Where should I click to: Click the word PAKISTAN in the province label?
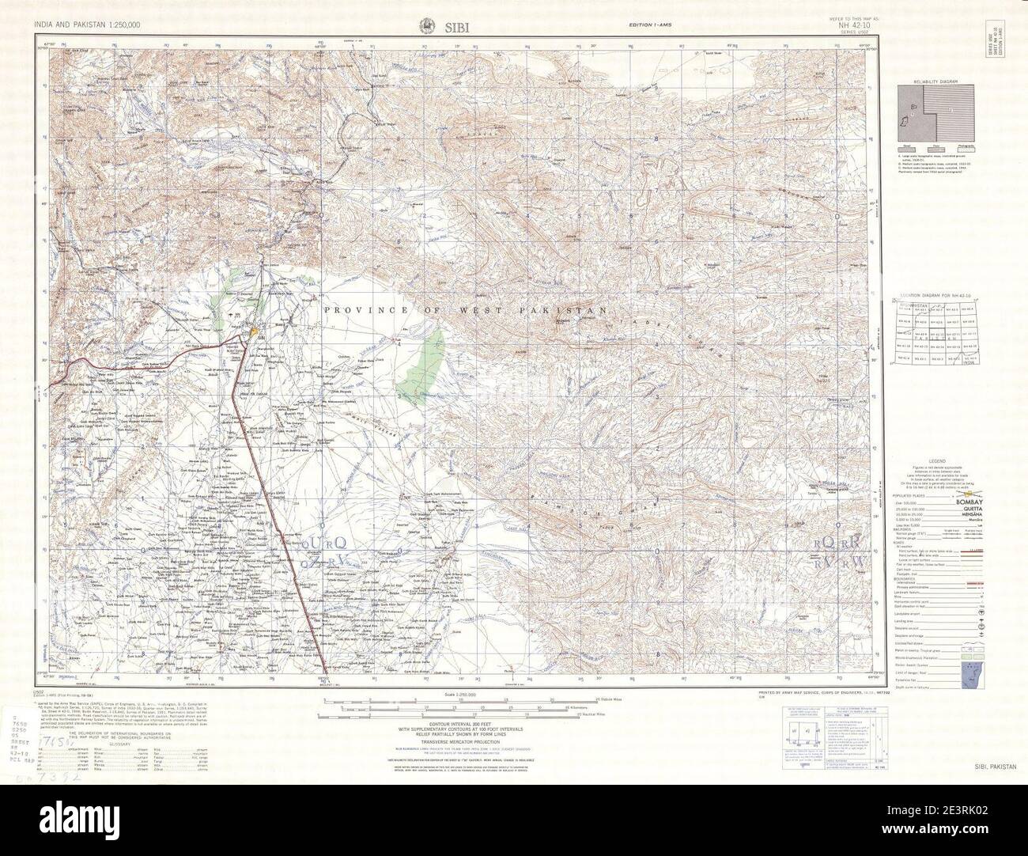(x=573, y=311)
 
